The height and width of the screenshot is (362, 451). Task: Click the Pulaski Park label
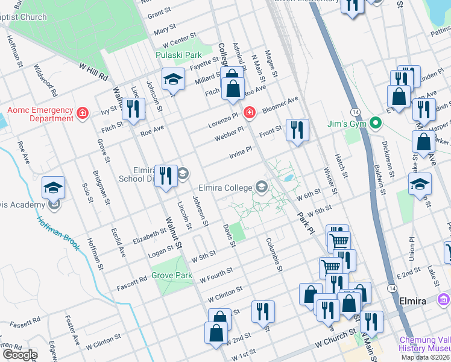[x=178, y=55]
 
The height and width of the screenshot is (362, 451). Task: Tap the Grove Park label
[x=172, y=276]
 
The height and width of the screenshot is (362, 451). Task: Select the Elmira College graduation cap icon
[x=261, y=187]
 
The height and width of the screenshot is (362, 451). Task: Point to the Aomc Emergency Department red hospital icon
[x=83, y=113]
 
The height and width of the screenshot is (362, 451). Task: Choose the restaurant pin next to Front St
[x=297, y=130]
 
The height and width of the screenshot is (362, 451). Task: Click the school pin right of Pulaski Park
[x=173, y=80]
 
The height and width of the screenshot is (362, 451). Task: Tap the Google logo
[x=19, y=355]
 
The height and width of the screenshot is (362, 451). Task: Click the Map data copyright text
[x=425, y=357]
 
